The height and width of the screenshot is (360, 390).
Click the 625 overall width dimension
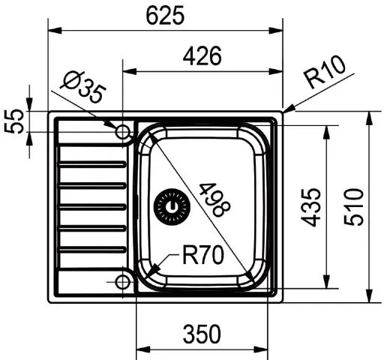tap(165, 16)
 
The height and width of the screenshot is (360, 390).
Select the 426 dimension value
tap(203, 56)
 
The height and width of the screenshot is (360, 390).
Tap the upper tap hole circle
tap(123, 132)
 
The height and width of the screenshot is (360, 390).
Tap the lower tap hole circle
tap(123, 282)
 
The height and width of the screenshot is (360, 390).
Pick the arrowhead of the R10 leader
tap(286, 109)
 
